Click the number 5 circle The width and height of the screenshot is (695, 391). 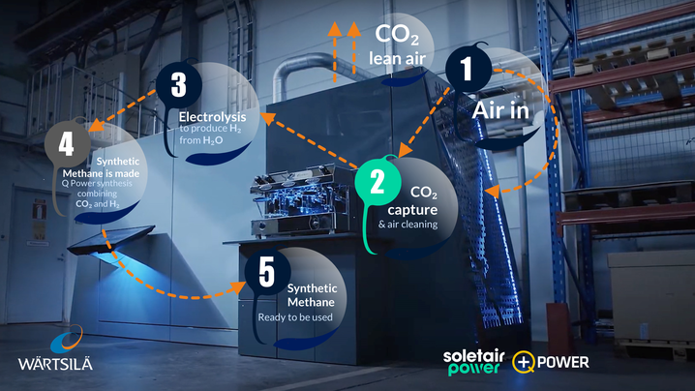coord(263,272)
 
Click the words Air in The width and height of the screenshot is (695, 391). coord(500,110)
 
